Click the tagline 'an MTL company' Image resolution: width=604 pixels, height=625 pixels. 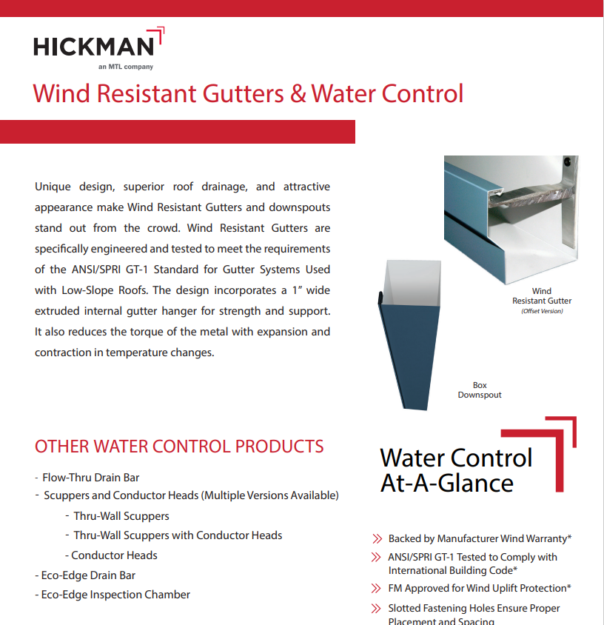[x=125, y=67]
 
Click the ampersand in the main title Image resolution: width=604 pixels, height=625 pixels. [x=298, y=94]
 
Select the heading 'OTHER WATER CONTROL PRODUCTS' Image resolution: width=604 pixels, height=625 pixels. [x=179, y=447]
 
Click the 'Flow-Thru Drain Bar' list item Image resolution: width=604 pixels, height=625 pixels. [x=90, y=478]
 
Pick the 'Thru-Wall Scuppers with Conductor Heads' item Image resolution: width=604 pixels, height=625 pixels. [x=178, y=535]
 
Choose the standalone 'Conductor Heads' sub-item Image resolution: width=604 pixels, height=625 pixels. [x=114, y=555]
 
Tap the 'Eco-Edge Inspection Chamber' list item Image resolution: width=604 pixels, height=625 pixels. [x=115, y=595]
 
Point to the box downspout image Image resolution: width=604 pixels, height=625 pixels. [x=403, y=333]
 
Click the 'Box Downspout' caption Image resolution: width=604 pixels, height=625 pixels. [x=480, y=390]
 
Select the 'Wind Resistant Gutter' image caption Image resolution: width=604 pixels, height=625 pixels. [x=542, y=296]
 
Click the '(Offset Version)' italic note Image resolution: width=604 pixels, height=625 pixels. [x=542, y=311]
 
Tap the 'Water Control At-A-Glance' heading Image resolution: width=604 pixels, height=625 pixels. [x=456, y=470]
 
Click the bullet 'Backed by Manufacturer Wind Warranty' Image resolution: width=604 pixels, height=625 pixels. [x=480, y=538]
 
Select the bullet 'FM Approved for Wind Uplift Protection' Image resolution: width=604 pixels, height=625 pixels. [x=480, y=588]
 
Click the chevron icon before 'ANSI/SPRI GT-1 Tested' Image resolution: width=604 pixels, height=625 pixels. [x=376, y=557]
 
